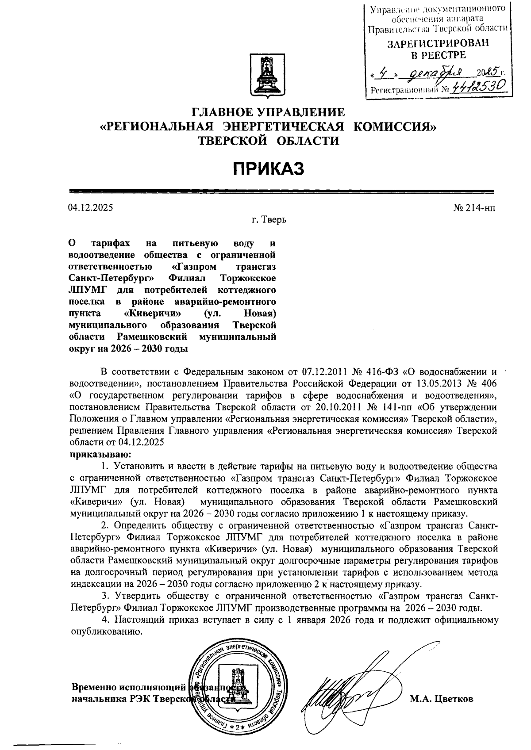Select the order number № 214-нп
[x=474, y=207]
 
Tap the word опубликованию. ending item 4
[x=108, y=631]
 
